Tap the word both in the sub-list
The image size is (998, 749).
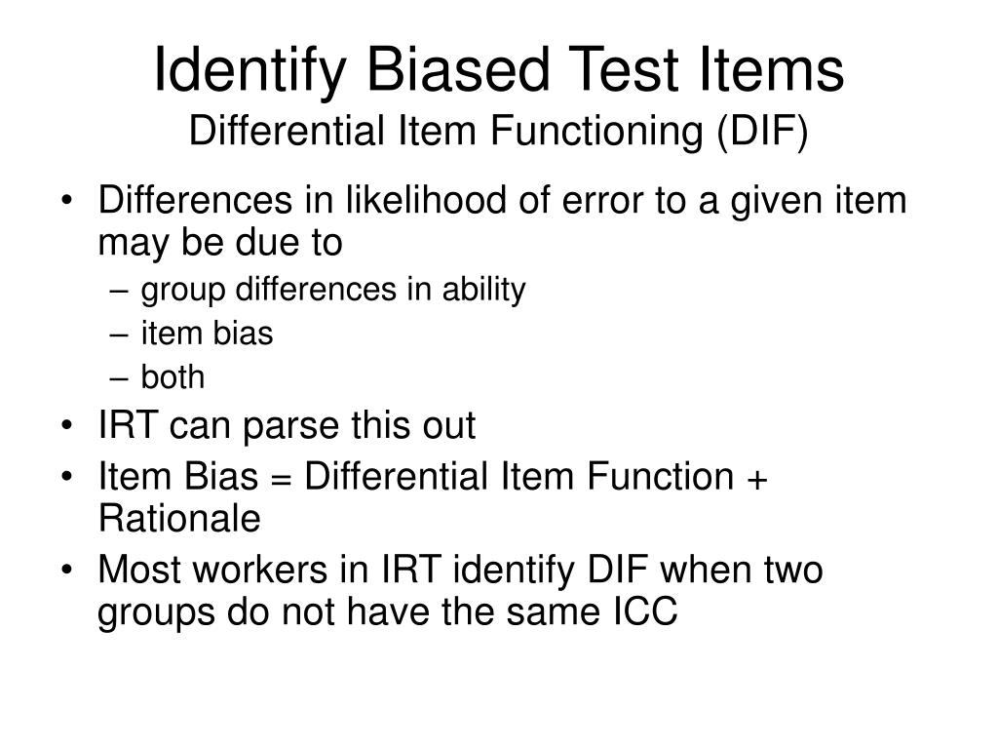pos(173,377)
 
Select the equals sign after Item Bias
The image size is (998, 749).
pos(280,477)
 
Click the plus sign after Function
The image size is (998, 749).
pos(759,477)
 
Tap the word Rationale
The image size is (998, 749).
pos(179,519)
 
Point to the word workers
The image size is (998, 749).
pos(259,570)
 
